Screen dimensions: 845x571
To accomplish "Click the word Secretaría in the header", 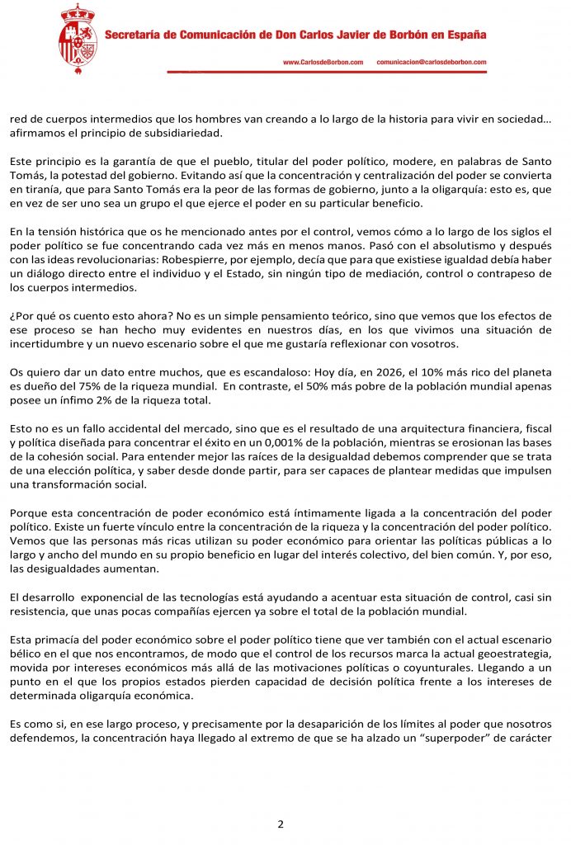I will coord(132,35).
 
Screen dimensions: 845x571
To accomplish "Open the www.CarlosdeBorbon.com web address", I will coord(323,63).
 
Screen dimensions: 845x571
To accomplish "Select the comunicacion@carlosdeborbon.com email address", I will coord(431,63).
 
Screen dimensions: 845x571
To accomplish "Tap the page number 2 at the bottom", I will coord(281,824).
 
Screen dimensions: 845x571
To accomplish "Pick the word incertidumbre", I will coord(46,344).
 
